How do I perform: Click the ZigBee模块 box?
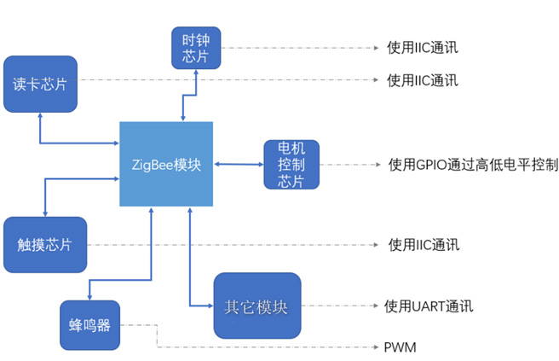(165, 164)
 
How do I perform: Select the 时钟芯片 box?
(195, 48)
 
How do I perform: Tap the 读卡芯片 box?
(40, 84)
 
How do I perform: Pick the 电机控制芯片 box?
(291, 164)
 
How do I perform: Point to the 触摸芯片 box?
(44, 244)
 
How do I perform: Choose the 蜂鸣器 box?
(89, 324)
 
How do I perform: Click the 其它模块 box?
(256, 306)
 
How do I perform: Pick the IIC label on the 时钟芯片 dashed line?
(423, 47)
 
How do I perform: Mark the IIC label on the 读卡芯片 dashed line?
(423, 80)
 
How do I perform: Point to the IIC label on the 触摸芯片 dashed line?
(424, 245)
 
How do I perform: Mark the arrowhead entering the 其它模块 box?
(209, 306)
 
